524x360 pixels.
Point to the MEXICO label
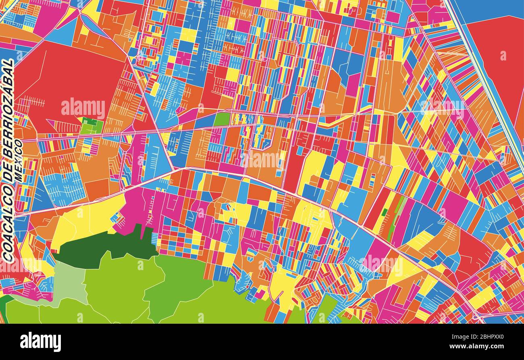point(18,160)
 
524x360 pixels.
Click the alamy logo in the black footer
point(40,342)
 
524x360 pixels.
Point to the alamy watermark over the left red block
point(83,108)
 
